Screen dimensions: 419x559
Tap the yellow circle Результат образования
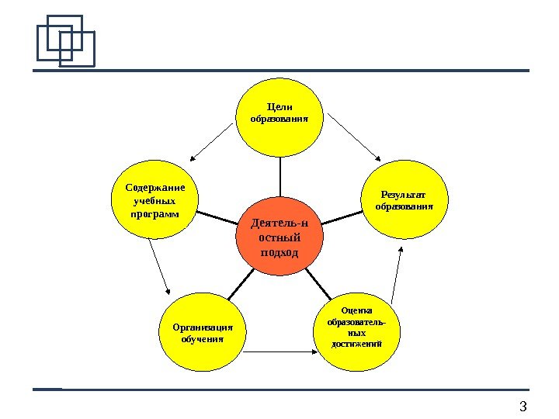404,199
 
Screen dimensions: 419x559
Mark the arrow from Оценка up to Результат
397,275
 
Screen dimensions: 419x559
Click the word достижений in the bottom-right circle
356,343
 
